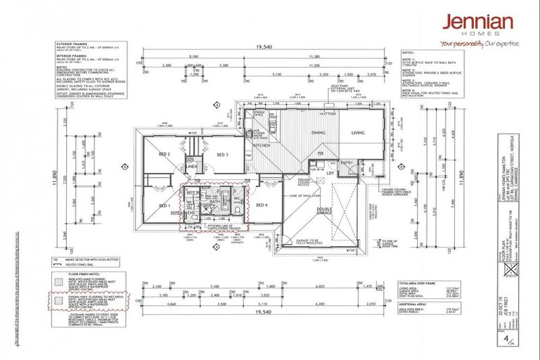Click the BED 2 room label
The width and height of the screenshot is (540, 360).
(x=165, y=154)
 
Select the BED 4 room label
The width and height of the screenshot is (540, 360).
(x=262, y=205)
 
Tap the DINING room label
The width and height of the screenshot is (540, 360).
(x=316, y=132)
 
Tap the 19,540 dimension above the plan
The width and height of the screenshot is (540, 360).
(x=264, y=46)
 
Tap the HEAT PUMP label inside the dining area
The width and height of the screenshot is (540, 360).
(x=328, y=112)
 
